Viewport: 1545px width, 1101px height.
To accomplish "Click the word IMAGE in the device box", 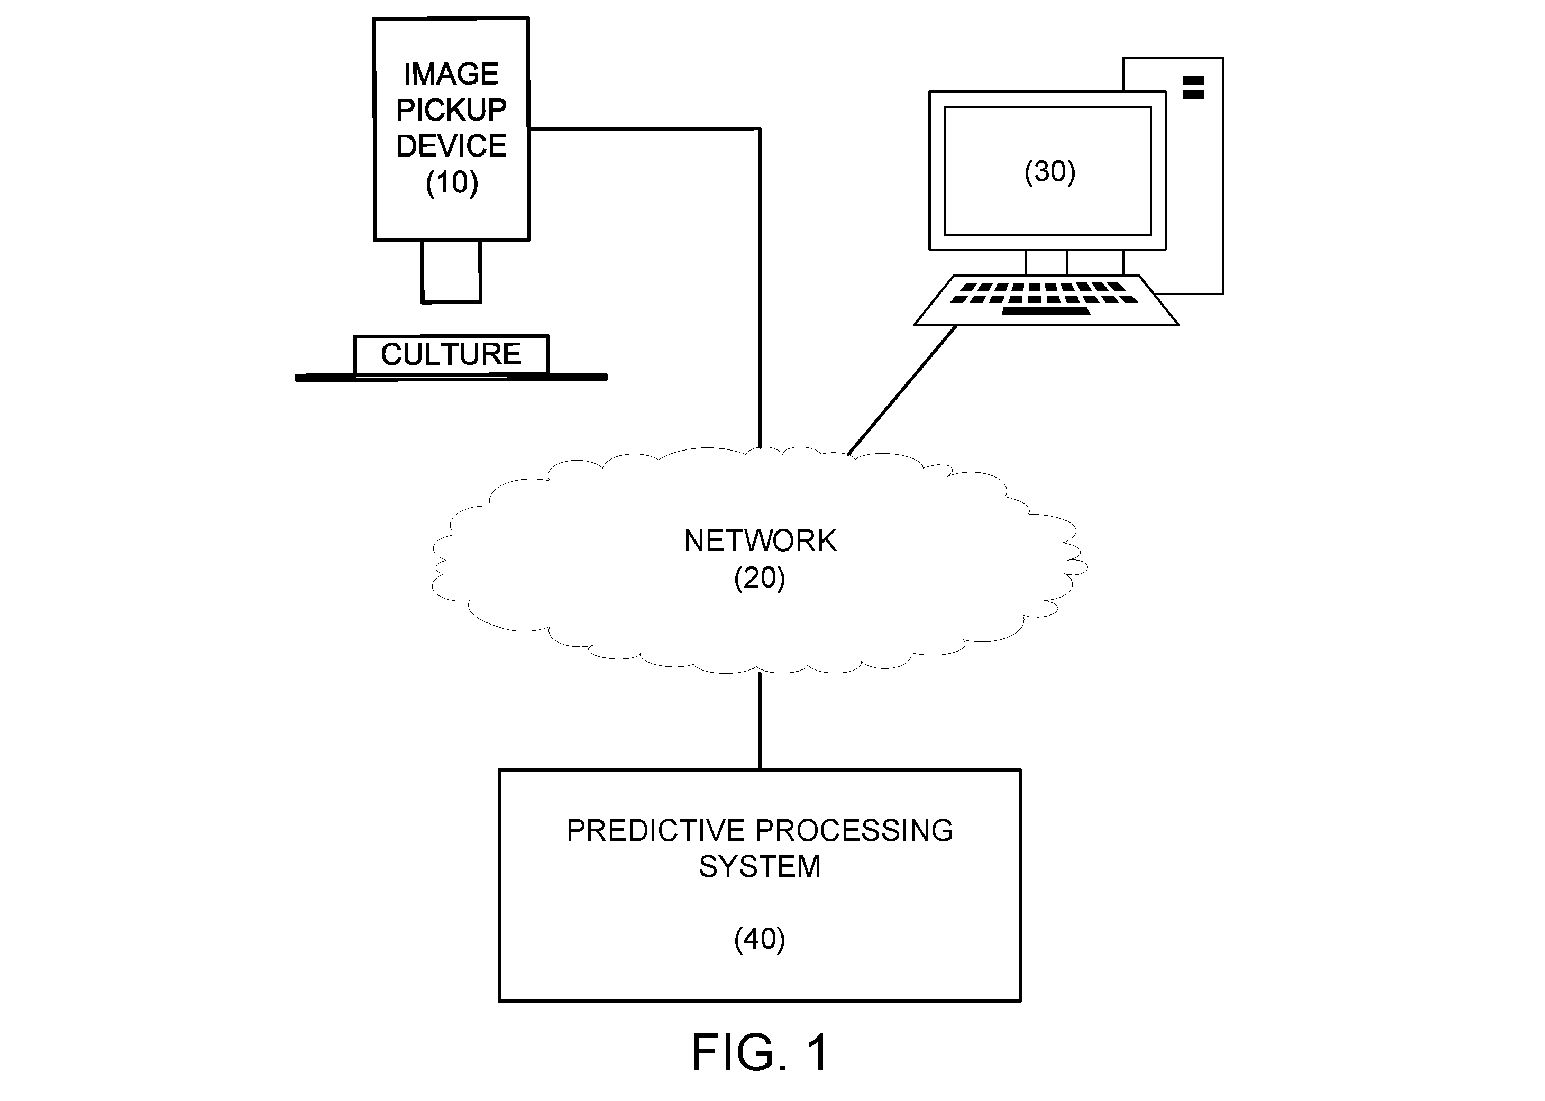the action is tap(451, 74).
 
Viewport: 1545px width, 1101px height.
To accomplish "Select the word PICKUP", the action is tap(451, 110).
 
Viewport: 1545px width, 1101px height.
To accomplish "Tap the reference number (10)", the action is tap(452, 182).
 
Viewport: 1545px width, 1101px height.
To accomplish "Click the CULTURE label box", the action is tap(451, 354).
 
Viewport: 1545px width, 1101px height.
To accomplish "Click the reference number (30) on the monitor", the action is tap(1049, 171).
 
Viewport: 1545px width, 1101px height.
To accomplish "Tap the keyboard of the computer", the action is tap(1046, 300).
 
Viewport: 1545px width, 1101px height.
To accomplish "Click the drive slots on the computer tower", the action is tap(1193, 87).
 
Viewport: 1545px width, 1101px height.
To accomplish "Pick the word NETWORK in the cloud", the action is tap(760, 541).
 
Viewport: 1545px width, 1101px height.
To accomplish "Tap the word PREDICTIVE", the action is tap(655, 830).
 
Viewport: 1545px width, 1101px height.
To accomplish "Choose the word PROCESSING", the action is tap(854, 830).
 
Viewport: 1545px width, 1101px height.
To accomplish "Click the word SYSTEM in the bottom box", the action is tap(760, 866).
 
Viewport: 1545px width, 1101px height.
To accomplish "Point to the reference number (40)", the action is tap(760, 939).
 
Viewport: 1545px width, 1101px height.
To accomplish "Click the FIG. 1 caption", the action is tap(760, 1053).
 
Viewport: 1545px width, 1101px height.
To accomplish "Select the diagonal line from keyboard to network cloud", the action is tap(902, 390).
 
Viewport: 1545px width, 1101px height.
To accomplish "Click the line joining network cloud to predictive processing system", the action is tap(760, 721).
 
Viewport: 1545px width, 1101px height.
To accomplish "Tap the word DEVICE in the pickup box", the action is tap(451, 146).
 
